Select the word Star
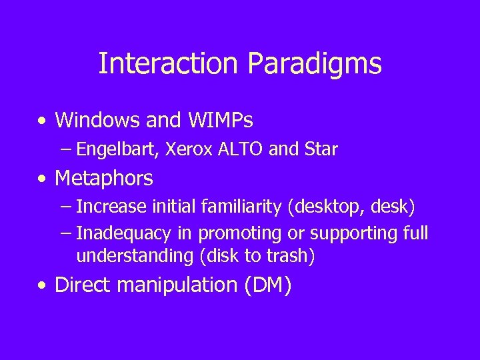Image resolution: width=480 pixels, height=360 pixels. point(320,149)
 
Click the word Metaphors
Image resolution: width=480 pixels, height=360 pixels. point(104,179)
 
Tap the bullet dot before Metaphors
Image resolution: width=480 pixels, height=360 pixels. point(43,179)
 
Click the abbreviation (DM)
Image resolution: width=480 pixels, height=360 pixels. point(268,285)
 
